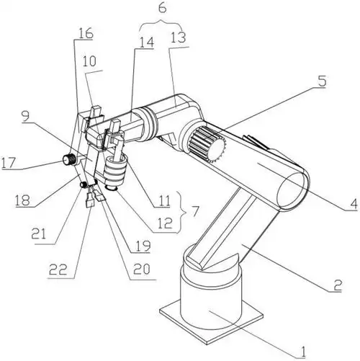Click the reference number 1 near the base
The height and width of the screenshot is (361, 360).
(x=303, y=352)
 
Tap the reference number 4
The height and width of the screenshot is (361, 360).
(x=353, y=204)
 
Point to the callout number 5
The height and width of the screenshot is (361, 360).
(x=322, y=81)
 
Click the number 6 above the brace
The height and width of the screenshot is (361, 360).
(x=162, y=9)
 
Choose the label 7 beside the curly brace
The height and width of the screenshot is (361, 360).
(x=195, y=211)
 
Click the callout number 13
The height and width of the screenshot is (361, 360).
(x=179, y=37)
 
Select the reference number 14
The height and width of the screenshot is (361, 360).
(x=146, y=42)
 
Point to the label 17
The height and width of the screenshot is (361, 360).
(x=9, y=163)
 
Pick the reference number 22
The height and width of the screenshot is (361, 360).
(x=58, y=269)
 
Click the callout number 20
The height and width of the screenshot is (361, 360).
(x=142, y=269)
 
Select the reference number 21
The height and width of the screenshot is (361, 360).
(x=39, y=233)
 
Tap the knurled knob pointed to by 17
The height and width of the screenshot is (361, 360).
(x=69, y=159)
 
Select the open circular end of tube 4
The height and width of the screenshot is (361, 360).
(x=292, y=190)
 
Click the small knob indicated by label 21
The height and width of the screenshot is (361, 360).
(x=84, y=184)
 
